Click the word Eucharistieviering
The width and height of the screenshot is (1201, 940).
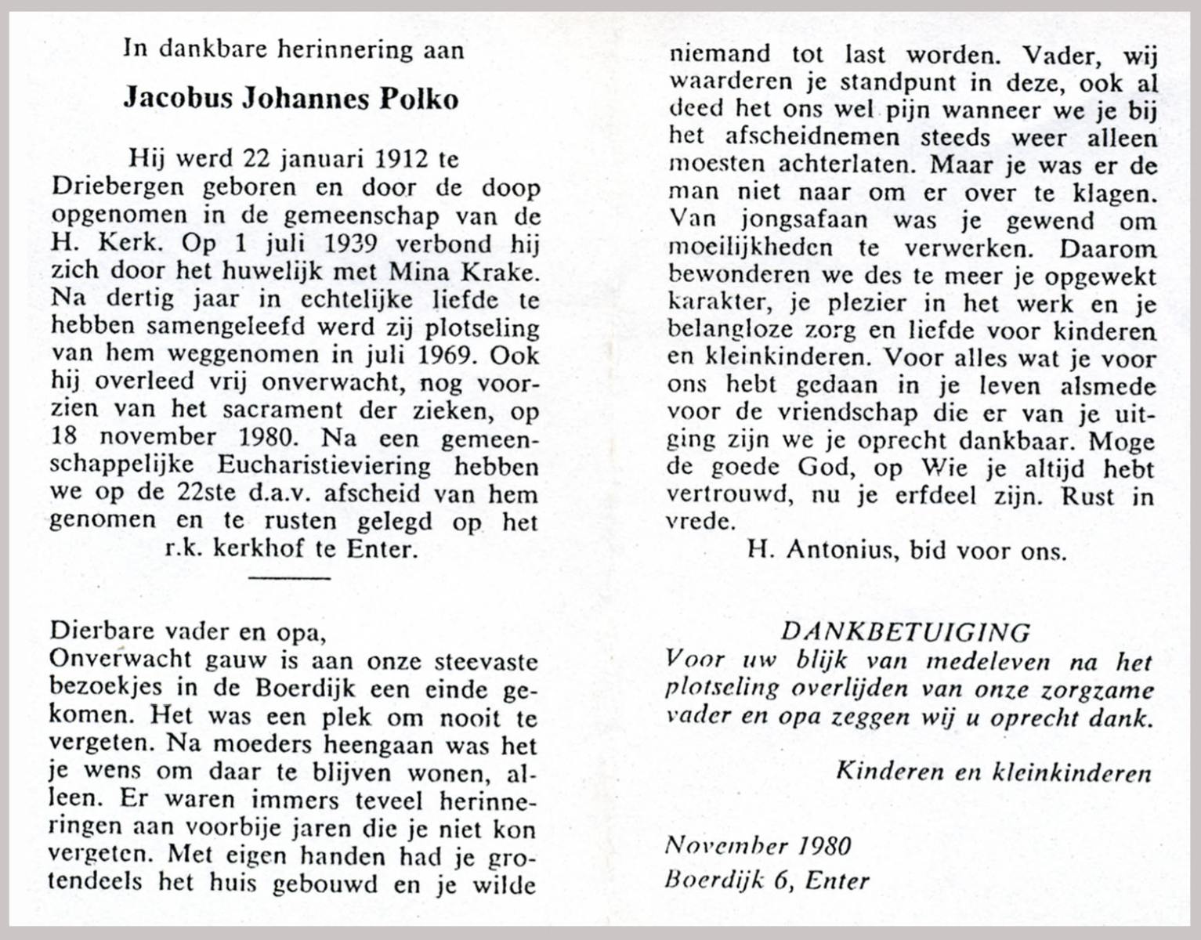coord(324,466)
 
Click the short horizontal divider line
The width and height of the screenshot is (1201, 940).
coord(289,578)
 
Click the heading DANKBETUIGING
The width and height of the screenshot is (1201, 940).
coord(906,631)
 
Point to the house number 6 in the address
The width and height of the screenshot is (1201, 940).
coord(779,880)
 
